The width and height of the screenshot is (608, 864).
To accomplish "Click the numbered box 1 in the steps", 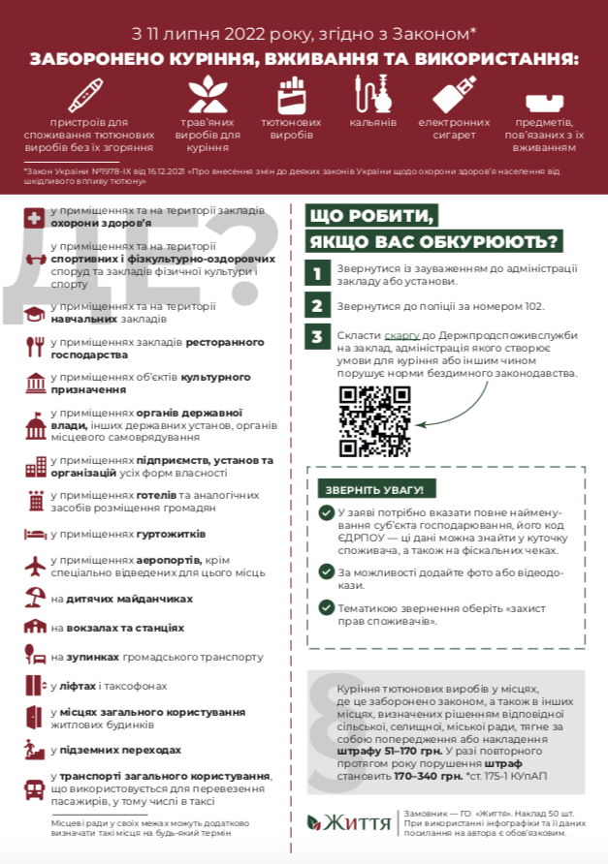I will (316, 274).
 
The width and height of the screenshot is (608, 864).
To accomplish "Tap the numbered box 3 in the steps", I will (316, 336).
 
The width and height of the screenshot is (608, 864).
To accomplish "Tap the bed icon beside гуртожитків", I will (34, 533).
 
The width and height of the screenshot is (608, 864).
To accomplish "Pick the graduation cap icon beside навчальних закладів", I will (35, 312).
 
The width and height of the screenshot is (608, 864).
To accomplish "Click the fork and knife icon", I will (35, 346).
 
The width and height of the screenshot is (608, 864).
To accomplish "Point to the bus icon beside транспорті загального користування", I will (35, 787).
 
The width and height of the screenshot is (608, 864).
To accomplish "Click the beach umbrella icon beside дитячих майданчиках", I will (35, 597).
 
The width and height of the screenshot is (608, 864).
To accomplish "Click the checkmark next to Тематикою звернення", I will (326, 608).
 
